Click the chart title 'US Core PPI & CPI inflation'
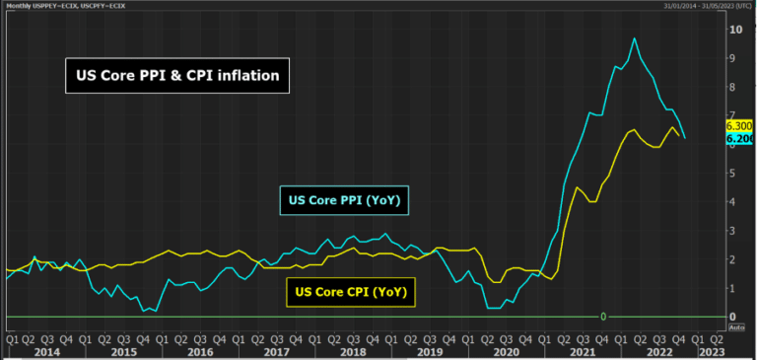tap(177, 74)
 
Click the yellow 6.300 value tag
tap(739, 126)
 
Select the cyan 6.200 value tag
tap(739, 139)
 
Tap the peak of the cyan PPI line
tap(634, 38)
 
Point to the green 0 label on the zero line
tap(602, 316)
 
